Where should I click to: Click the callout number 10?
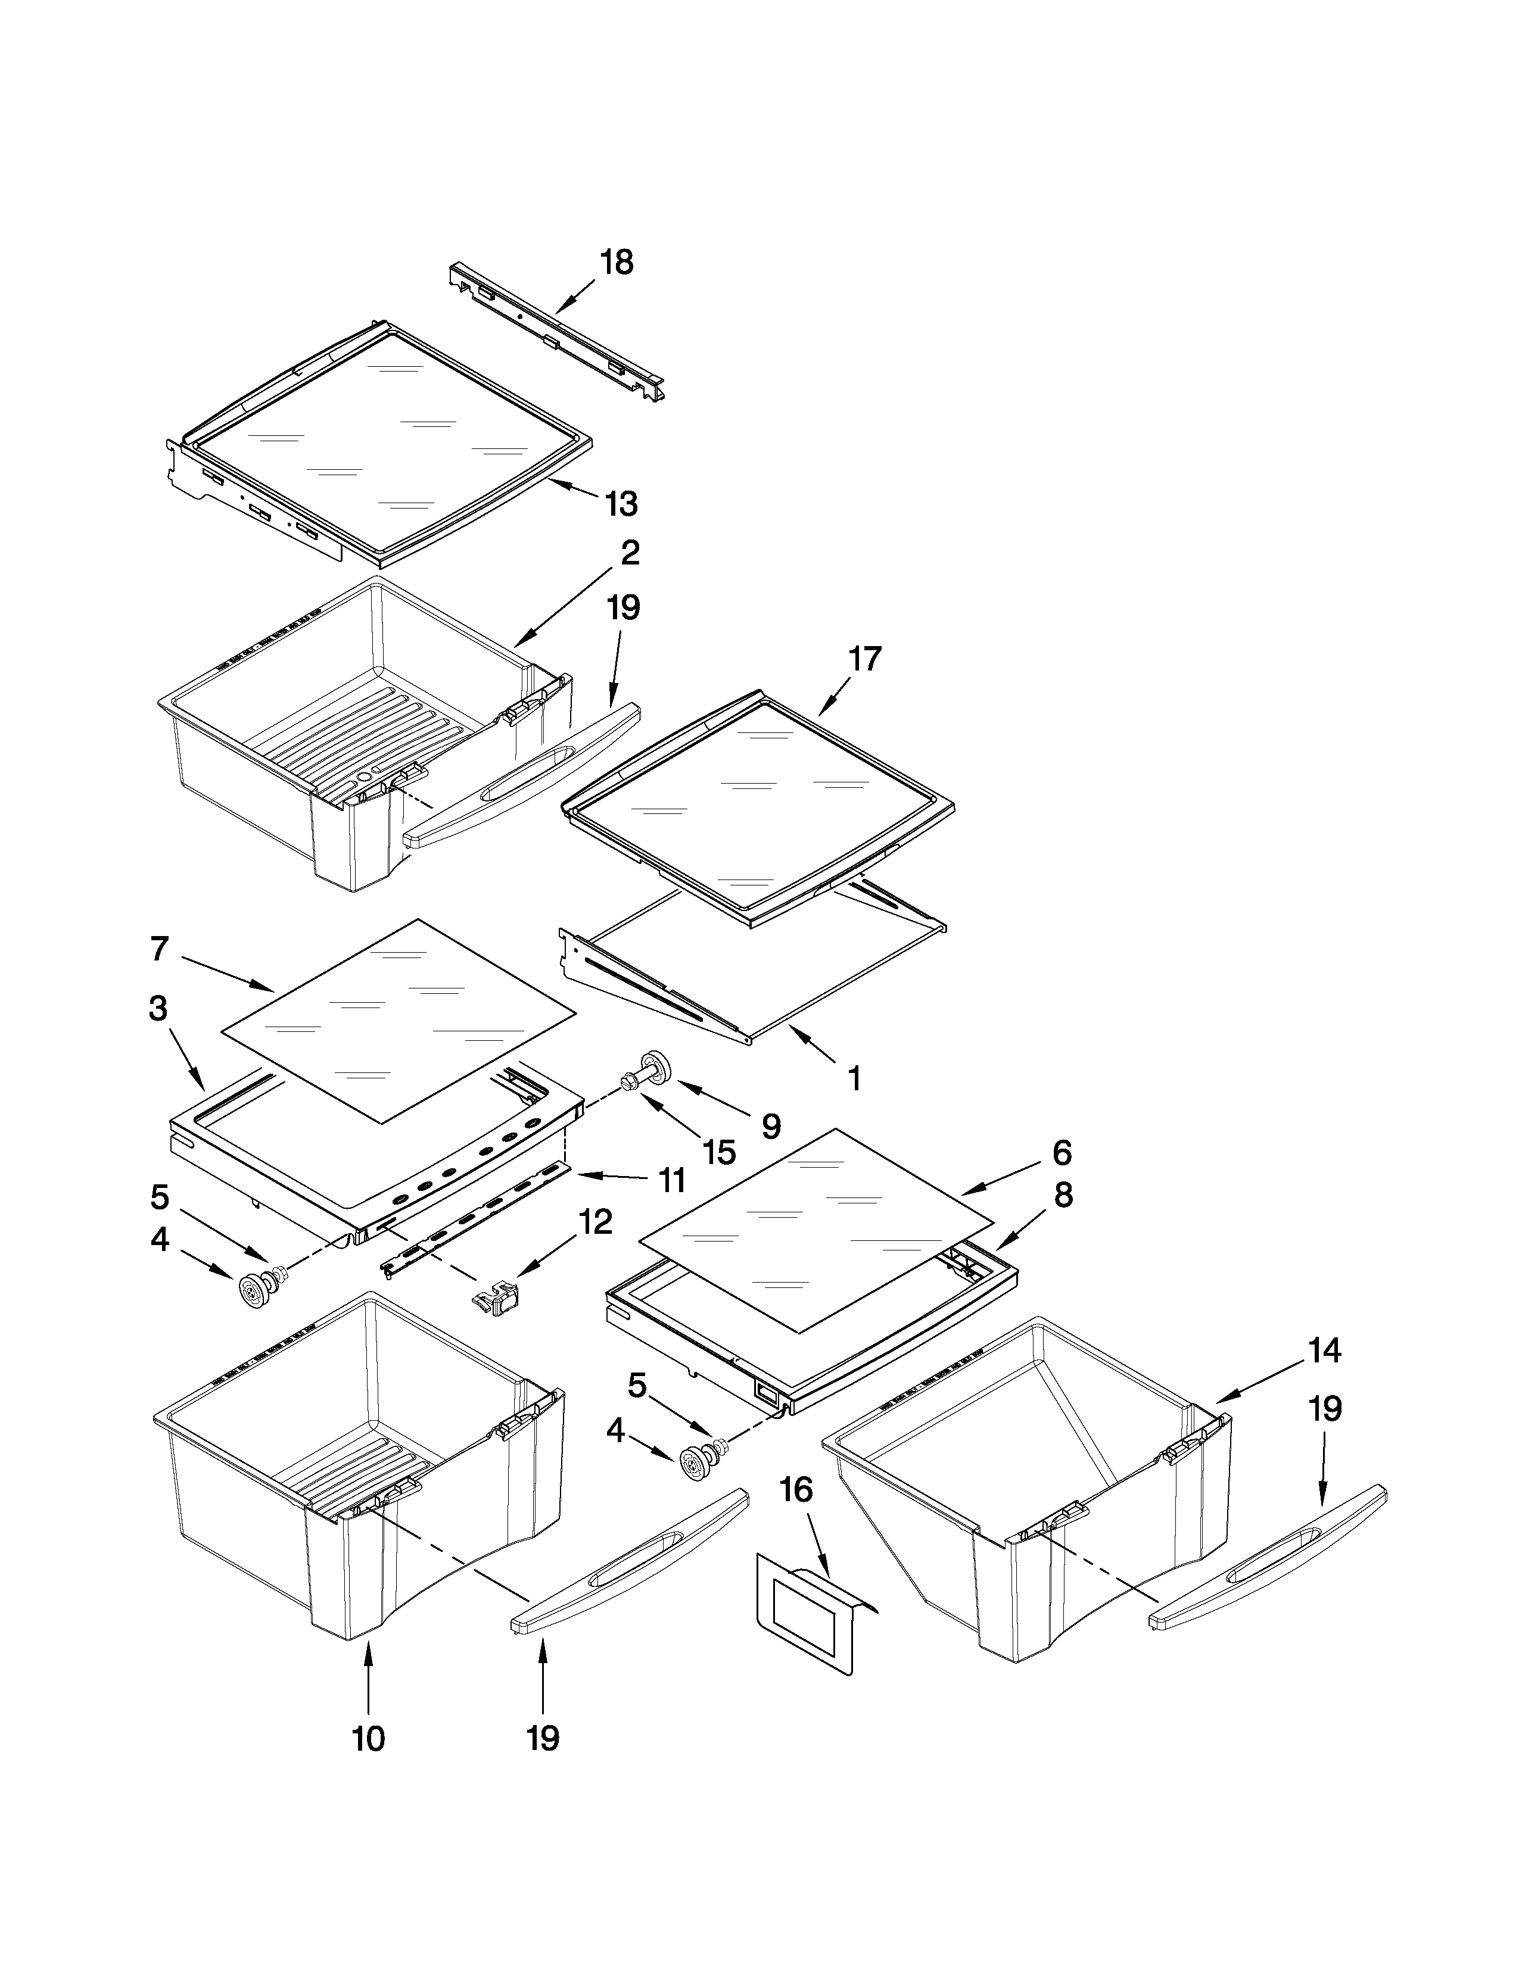369,1764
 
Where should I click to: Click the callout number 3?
158,1009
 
